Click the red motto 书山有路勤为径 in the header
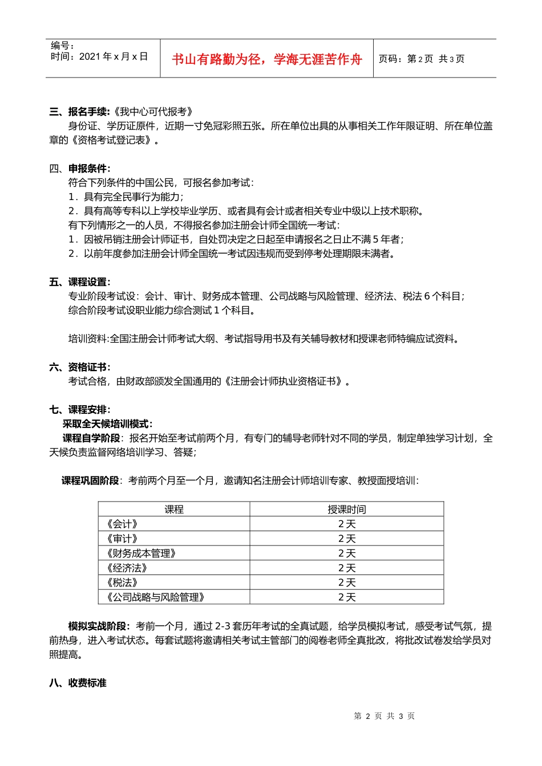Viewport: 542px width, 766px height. (x=266, y=59)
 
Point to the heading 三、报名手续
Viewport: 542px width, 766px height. (x=79, y=112)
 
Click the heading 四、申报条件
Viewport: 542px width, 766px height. (x=79, y=168)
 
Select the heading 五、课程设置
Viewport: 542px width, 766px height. (x=79, y=282)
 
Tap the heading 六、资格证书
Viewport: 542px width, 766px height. (x=79, y=367)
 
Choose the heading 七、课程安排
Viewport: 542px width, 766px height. (x=79, y=410)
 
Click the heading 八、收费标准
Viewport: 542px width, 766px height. (x=78, y=683)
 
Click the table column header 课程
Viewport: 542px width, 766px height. (x=174, y=510)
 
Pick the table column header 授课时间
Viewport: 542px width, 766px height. (x=347, y=510)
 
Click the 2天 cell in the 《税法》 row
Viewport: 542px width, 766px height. (x=347, y=582)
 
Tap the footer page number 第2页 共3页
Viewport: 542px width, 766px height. (x=384, y=716)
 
